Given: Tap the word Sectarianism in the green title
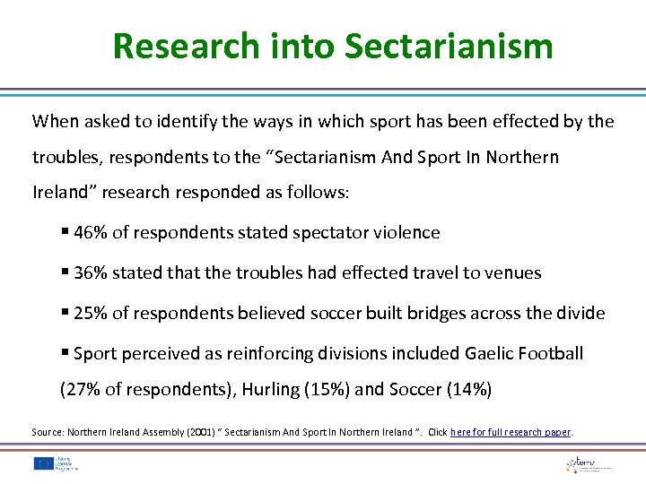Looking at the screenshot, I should (449, 46).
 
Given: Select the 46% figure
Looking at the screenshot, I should (91, 233).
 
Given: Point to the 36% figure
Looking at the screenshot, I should (91, 273).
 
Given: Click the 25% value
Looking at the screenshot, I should (91, 314).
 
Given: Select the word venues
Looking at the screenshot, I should (513, 273).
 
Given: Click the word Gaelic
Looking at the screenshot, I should (492, 354).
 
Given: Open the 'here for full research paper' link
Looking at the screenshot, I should (511, 432).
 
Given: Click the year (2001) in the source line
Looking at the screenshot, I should (199, 432).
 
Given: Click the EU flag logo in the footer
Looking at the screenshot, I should (43, 463).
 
